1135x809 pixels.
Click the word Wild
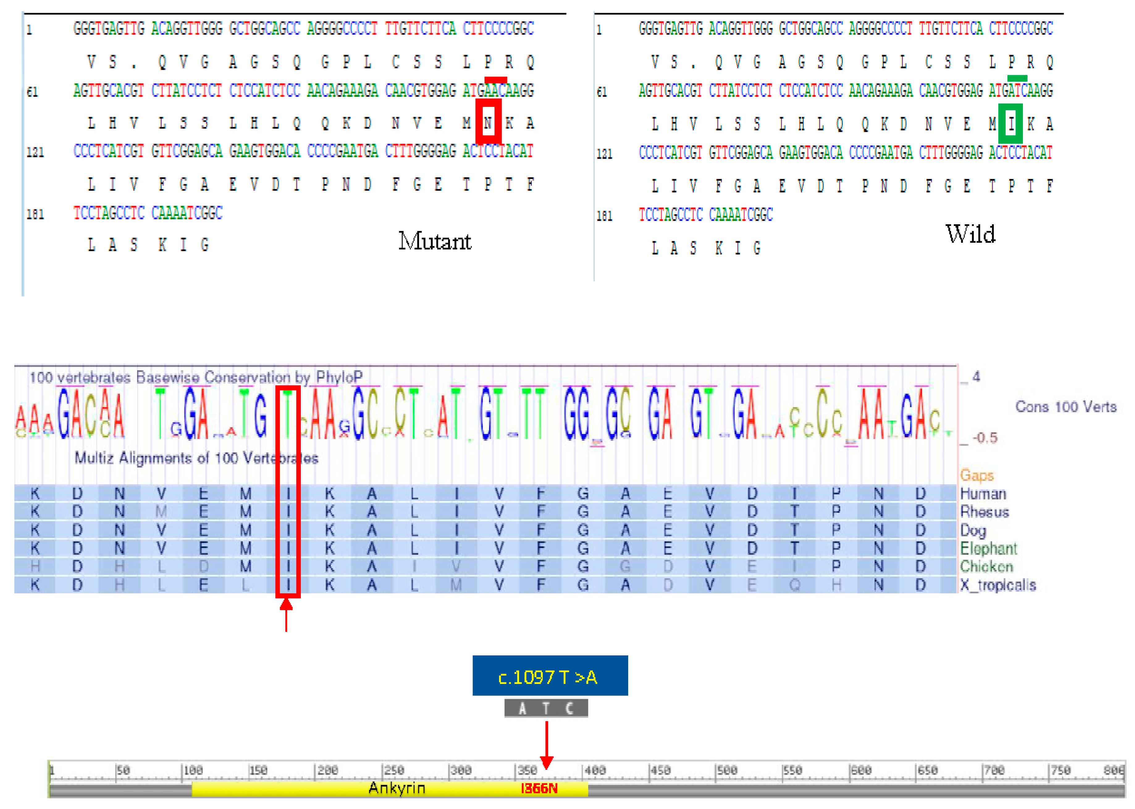click(970, 234)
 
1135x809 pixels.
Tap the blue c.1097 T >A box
click(550, 676)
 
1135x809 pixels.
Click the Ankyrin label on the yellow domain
click(397, 788)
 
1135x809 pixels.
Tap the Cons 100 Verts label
click(1066, 407)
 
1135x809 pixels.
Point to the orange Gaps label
click(977, 475)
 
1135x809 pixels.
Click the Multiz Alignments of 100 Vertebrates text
click(196, 458)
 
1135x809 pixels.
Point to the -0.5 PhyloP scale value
click(985, 438)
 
